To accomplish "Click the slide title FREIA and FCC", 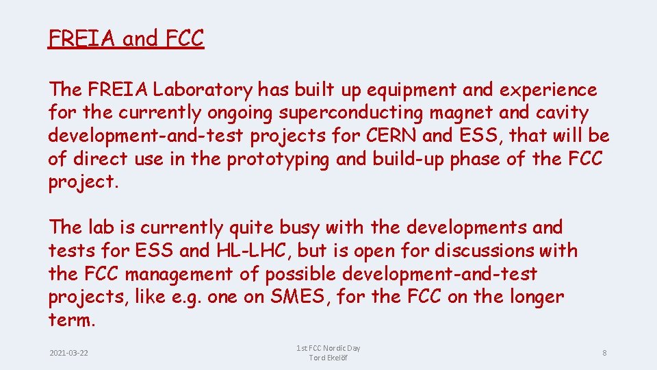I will (x=126, y=38).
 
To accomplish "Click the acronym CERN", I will (x=393, y=136).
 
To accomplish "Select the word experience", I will (x=545, y=90).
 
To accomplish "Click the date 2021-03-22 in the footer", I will (x=69, y=353).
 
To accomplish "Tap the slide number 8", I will (x=604, y=353).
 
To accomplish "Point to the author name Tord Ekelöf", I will (x=328, y=358).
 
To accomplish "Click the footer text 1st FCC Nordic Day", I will (x=328, y=348).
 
